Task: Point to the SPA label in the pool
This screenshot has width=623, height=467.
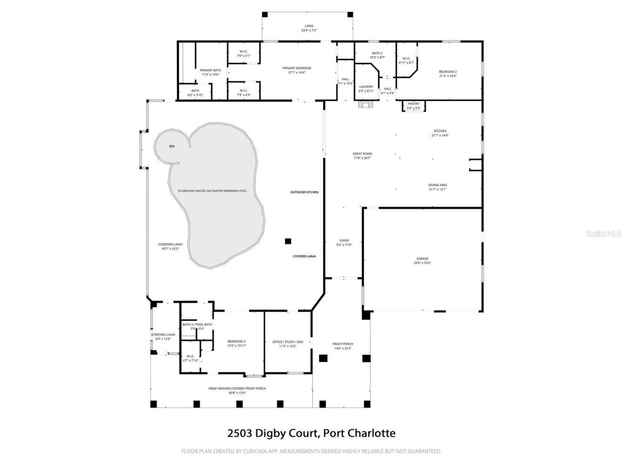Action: (171, 146)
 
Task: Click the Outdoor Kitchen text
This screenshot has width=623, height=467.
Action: (304, 192)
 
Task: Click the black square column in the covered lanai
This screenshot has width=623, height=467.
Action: (288, 241)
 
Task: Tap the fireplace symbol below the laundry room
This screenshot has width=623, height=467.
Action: (366, 104)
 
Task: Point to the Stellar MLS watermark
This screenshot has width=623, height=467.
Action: (604, 234)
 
